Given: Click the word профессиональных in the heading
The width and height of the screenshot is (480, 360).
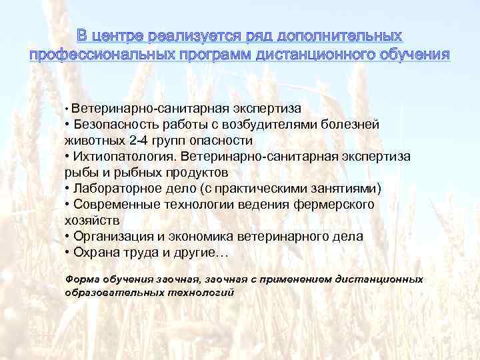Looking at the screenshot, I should (96, 53).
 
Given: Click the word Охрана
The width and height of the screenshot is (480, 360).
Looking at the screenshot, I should (93, 253).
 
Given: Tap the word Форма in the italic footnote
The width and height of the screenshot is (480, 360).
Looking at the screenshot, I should (80, 279).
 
